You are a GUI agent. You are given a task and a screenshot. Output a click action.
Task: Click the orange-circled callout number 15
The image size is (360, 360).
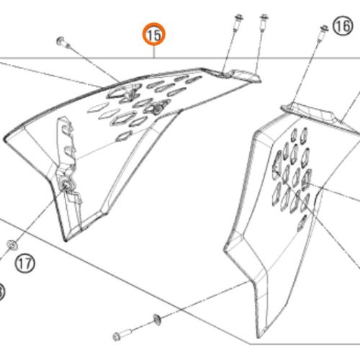pos(154,35)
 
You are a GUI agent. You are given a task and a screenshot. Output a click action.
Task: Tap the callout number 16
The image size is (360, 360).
pos(343,26)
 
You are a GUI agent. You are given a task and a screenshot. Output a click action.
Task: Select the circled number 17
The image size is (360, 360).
pos(25,264)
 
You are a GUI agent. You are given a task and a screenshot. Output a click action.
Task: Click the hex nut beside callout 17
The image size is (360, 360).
pos(12,245)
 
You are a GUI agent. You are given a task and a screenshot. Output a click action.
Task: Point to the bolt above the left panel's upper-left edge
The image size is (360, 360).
pos(62,42)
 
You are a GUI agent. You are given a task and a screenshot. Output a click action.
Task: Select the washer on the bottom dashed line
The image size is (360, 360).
pos(157,320)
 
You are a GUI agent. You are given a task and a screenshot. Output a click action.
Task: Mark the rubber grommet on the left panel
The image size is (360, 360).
pos(66,184)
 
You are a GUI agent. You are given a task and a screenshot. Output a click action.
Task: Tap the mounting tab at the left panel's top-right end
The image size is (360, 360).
pos(243,76)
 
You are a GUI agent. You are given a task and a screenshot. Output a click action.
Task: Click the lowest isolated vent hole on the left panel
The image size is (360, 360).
pos(124,136)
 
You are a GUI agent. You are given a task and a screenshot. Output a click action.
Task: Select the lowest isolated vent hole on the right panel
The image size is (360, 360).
pos(302,222)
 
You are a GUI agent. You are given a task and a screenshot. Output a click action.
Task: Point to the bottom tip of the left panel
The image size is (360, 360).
pos(66,240)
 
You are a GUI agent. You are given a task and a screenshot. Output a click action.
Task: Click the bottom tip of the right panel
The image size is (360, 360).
pos(258,337)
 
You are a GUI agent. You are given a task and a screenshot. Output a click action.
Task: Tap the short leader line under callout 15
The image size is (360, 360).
pos(154,52)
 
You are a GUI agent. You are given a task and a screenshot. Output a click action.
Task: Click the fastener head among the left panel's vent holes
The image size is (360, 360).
pos(158,108)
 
